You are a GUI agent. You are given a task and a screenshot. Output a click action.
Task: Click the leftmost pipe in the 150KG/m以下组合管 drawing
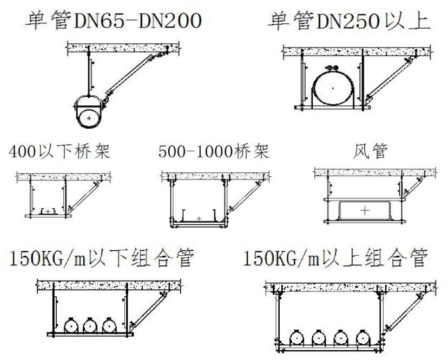tap(71, 326)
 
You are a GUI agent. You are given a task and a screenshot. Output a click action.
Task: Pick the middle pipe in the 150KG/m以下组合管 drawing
tap(90, 326)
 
